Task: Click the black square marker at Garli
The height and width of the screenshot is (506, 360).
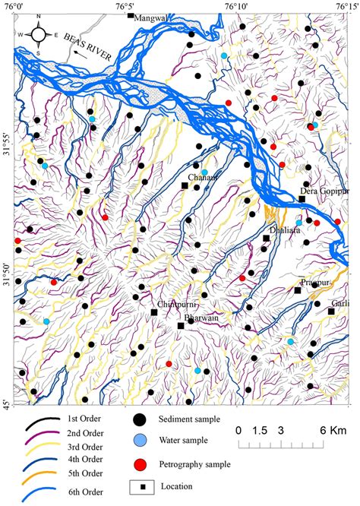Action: [x=331, y=312]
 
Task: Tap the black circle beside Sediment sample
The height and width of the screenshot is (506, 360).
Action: [x=139, y=419]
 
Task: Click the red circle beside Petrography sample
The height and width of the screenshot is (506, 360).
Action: [x=139, y=463]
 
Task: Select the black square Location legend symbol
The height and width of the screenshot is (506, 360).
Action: [x=139, y=485]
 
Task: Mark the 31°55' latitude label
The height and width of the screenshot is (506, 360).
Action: [x=7, y=144]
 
